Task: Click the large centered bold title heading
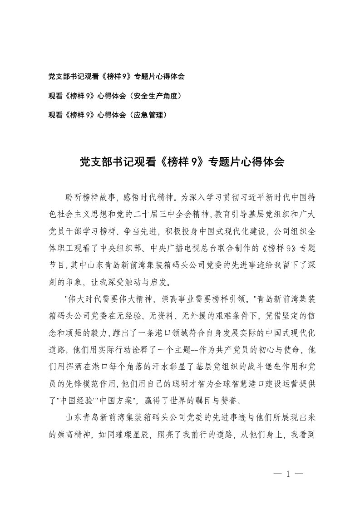(182, 162)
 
